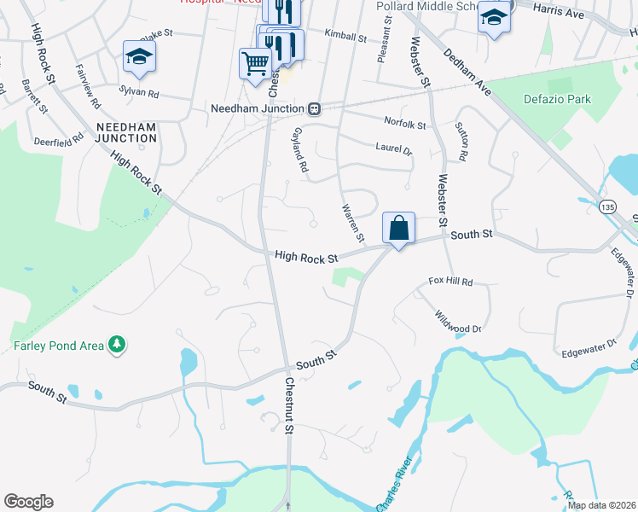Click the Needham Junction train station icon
[315, 108]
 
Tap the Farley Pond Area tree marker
[116, 346]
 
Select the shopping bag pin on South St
[398, 228]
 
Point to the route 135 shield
[607, 207]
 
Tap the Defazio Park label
[556, 100]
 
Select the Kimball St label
[345, 38]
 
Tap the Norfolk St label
[404, 125]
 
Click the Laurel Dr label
[393, 148]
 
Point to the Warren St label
[352, 222]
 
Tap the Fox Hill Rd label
[449, 281]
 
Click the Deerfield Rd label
[59, 138]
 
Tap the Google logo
[28, 502]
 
